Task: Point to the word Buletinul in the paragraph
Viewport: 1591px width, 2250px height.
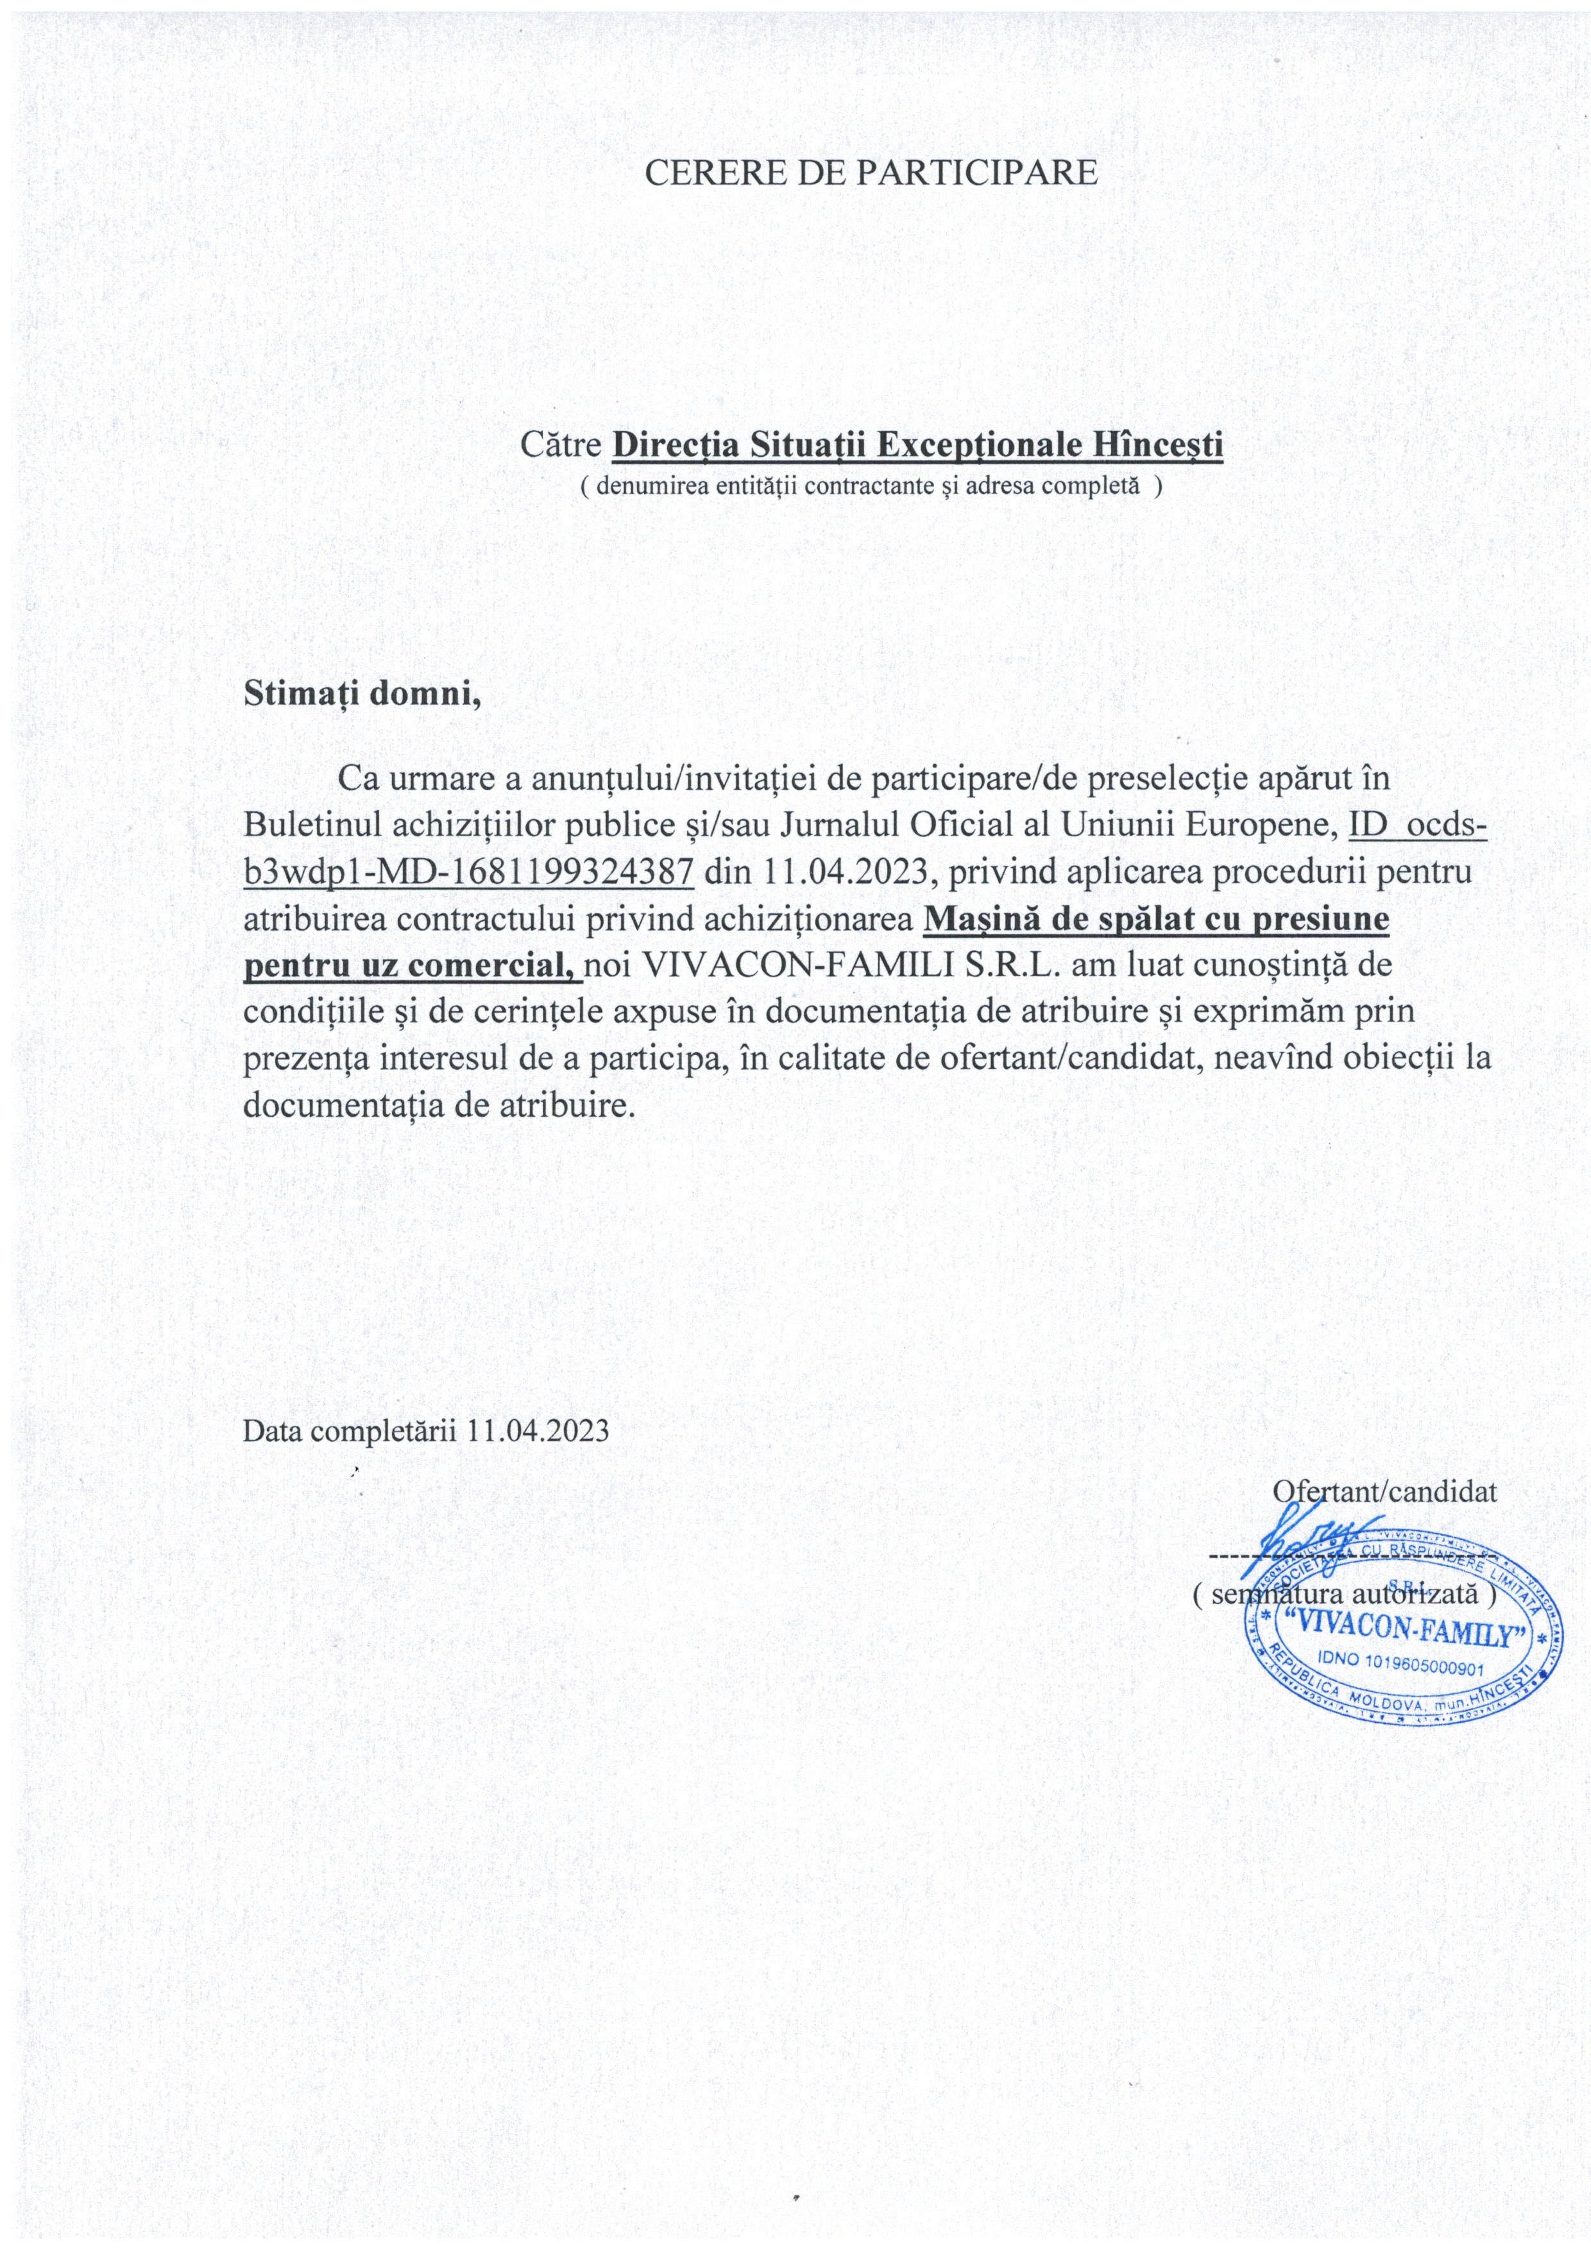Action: (312, 825)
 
